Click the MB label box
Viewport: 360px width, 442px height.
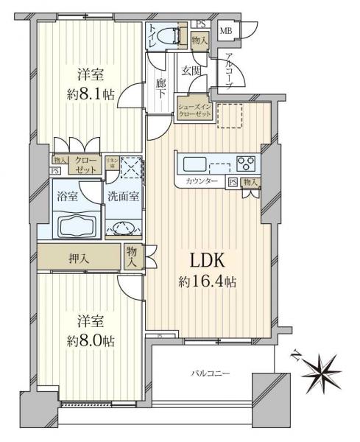pyautogui.click(x=226, y=30)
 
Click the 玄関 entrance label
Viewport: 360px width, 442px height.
pyautogui.click(x=191, y=70)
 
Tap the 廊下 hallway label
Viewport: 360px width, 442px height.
pyautogui.click(x=161, y=85)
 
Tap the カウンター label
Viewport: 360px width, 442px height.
pyautogui.click(x=201, y=181)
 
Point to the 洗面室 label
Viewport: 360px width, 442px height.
pyautogui.click(x=123, y=197)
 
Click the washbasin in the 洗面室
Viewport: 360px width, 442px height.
pyautogui.click(x=122, y=228)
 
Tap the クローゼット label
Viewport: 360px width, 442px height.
pyautogui.click(x=83, y=164)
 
